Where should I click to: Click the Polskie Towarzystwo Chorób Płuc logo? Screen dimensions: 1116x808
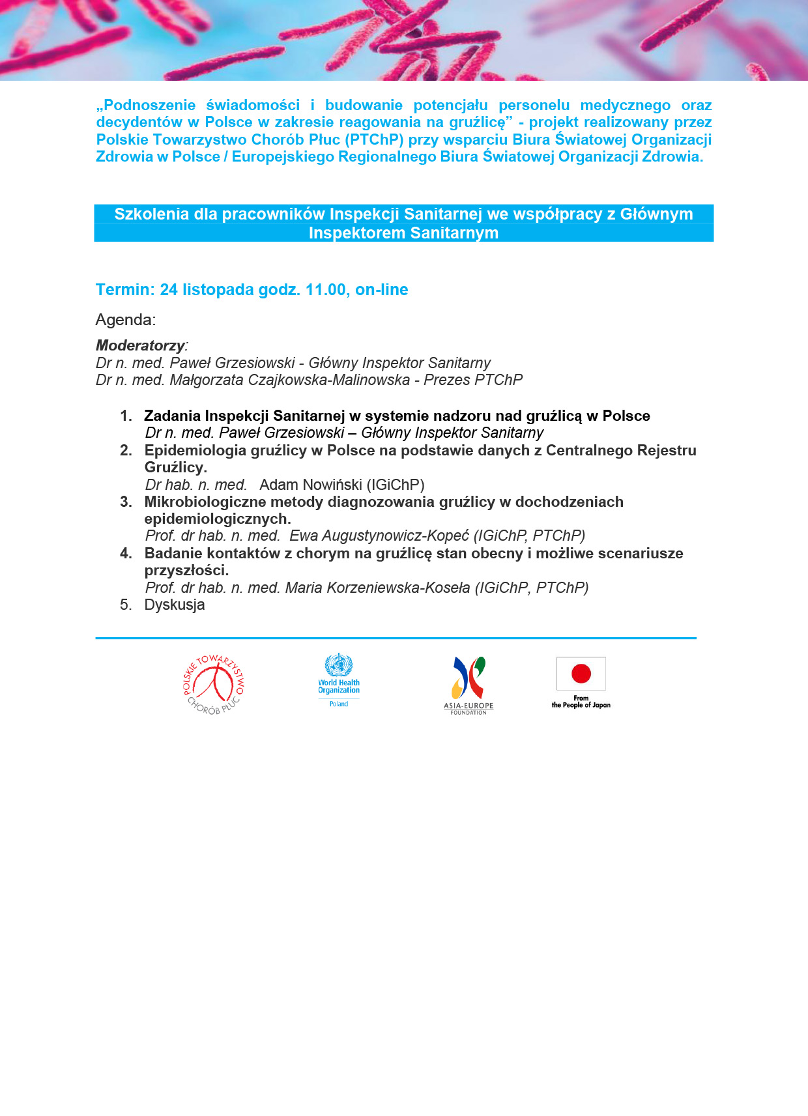click(214, 685)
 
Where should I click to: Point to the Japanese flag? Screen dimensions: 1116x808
click(581, 674)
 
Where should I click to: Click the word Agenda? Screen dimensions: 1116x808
click(125, 320)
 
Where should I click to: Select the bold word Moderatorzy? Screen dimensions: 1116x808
click(140, 345)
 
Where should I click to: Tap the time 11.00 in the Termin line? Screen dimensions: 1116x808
click(326, 290)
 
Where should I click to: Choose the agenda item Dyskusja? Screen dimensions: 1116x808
click(175, 605)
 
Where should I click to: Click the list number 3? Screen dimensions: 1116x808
click(126, 502)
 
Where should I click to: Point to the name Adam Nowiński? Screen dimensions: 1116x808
click(310, 485)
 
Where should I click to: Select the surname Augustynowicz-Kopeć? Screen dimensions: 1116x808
click(379, 536)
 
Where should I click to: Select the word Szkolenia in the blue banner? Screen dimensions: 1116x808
click(152, 214)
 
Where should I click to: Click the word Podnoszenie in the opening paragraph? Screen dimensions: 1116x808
click(149, 106)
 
